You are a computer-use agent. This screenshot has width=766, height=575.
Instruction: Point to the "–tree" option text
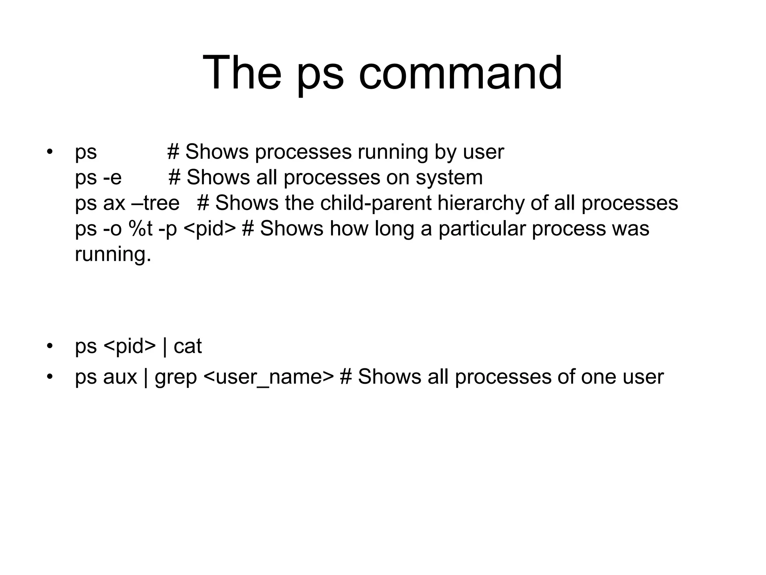(x=156, y=203)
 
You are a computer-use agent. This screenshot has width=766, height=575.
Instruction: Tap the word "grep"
(x=176, y=377)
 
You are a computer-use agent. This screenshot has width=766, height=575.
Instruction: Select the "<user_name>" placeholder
(x=269, y=377)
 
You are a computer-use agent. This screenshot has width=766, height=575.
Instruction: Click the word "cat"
(x=188, y=346)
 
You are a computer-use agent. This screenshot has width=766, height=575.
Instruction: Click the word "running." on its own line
(x=113, y=254)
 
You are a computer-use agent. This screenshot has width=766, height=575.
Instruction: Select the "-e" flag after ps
(x=113, y=177)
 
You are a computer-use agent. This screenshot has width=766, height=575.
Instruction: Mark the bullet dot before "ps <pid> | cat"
(x=49, y=346)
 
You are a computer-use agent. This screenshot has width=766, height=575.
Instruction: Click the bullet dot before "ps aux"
(x=49, y=377)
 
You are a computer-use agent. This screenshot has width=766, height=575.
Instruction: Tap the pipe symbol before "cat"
(x=165, y=346)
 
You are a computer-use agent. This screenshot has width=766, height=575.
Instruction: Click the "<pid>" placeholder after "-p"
(x=210, y=229)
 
